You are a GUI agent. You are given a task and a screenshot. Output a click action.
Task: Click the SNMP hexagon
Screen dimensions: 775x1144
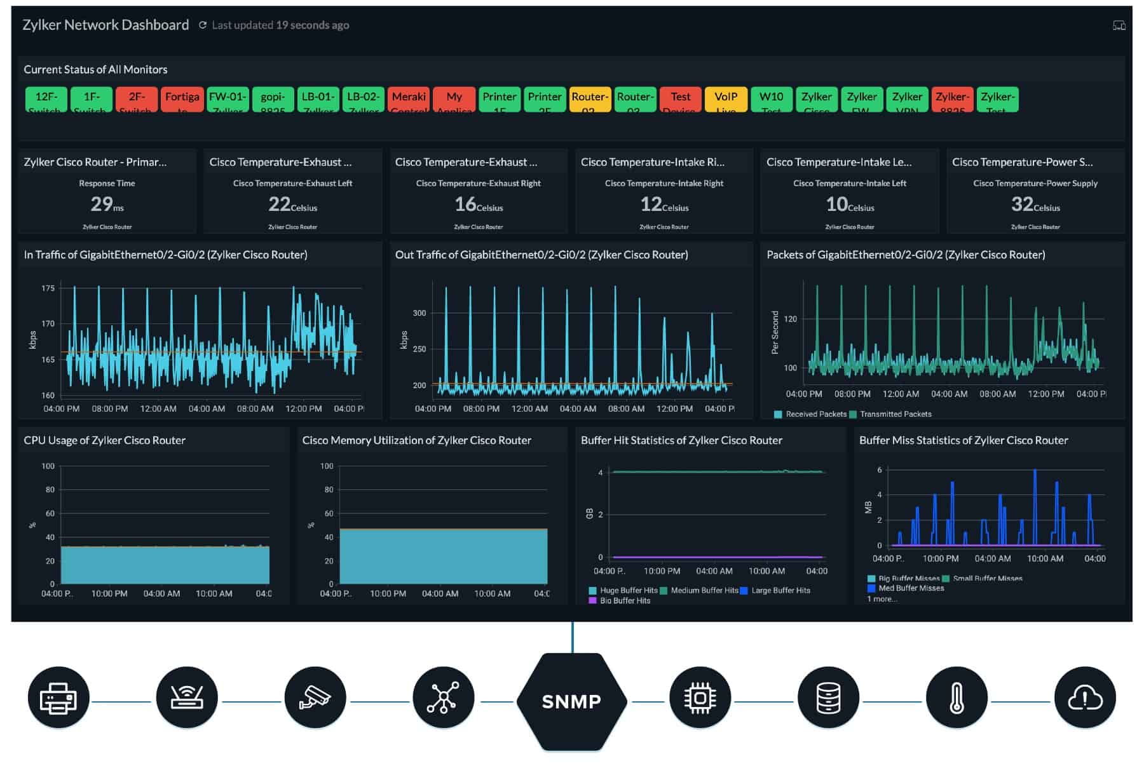point(571,701)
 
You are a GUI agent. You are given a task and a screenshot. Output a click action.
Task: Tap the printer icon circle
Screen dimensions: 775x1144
point(58,698)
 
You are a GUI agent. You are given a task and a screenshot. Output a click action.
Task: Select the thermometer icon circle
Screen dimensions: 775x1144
point(957,698)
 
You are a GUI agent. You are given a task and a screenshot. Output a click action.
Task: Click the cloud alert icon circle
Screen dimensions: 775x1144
point(1084,698)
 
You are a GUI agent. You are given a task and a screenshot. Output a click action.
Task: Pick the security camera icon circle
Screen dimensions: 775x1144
point(315,698)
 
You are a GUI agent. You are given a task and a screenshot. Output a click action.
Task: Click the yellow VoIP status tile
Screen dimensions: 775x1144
point(725,99)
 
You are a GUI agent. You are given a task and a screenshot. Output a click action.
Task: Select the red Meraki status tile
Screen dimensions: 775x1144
point(409,99)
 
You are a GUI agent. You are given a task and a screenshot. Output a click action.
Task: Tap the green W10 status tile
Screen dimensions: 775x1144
point(771,99)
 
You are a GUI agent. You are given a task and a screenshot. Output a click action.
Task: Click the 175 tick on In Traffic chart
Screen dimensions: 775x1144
point(48,288)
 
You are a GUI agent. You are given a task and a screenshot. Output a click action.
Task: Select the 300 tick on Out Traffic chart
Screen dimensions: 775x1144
point(419,313)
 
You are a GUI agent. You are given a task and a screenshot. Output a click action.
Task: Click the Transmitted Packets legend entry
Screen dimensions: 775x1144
point(895,414)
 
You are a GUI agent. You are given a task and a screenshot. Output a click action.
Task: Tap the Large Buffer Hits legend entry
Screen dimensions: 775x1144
point(780,591)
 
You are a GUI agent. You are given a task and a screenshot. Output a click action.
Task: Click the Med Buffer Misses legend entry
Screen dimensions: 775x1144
point(910,588)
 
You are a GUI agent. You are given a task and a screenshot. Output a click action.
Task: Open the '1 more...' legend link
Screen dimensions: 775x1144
point(882,599)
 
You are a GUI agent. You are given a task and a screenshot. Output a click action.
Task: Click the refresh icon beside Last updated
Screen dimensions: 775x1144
point(203,25)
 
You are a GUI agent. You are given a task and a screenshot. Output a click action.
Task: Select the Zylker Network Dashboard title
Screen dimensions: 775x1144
point(106,25)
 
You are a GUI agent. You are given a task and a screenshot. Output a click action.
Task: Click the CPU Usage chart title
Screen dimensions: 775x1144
point(104,440)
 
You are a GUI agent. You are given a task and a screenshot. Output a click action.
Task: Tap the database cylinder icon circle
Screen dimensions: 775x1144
point(828,698)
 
